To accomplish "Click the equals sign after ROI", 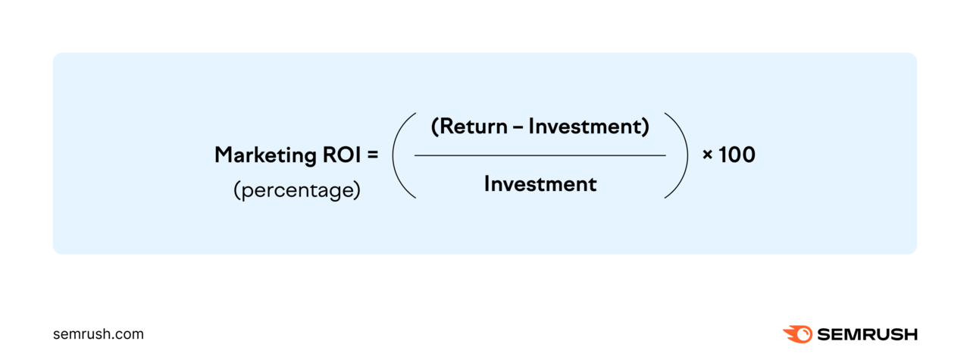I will (x=372, y=155).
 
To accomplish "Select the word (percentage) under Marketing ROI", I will (x=296, y=189).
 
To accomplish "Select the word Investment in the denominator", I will (x=540, y=184).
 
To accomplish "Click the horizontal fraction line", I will (x=540, y=156).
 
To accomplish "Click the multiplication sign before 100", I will (x=708, y=156).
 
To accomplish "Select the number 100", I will (x=737, y=155).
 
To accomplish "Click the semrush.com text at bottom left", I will (x=99, y=334).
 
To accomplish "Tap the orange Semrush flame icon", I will (x=797, y=334).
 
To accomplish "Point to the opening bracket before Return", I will (x=434, y=127).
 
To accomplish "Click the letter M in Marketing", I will (x=224, y=155).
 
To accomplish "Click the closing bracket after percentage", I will (x=357, y=189).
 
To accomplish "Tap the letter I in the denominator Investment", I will (x=487, y=184).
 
